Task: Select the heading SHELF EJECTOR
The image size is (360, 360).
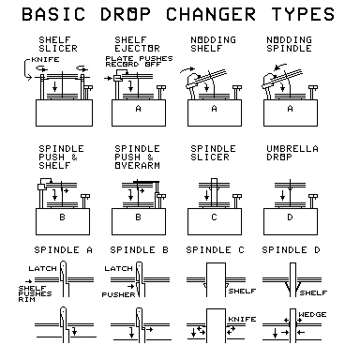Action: (129, 44)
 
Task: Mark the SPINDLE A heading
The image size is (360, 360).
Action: (62, 251)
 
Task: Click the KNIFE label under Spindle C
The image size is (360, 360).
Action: (242, 317)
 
